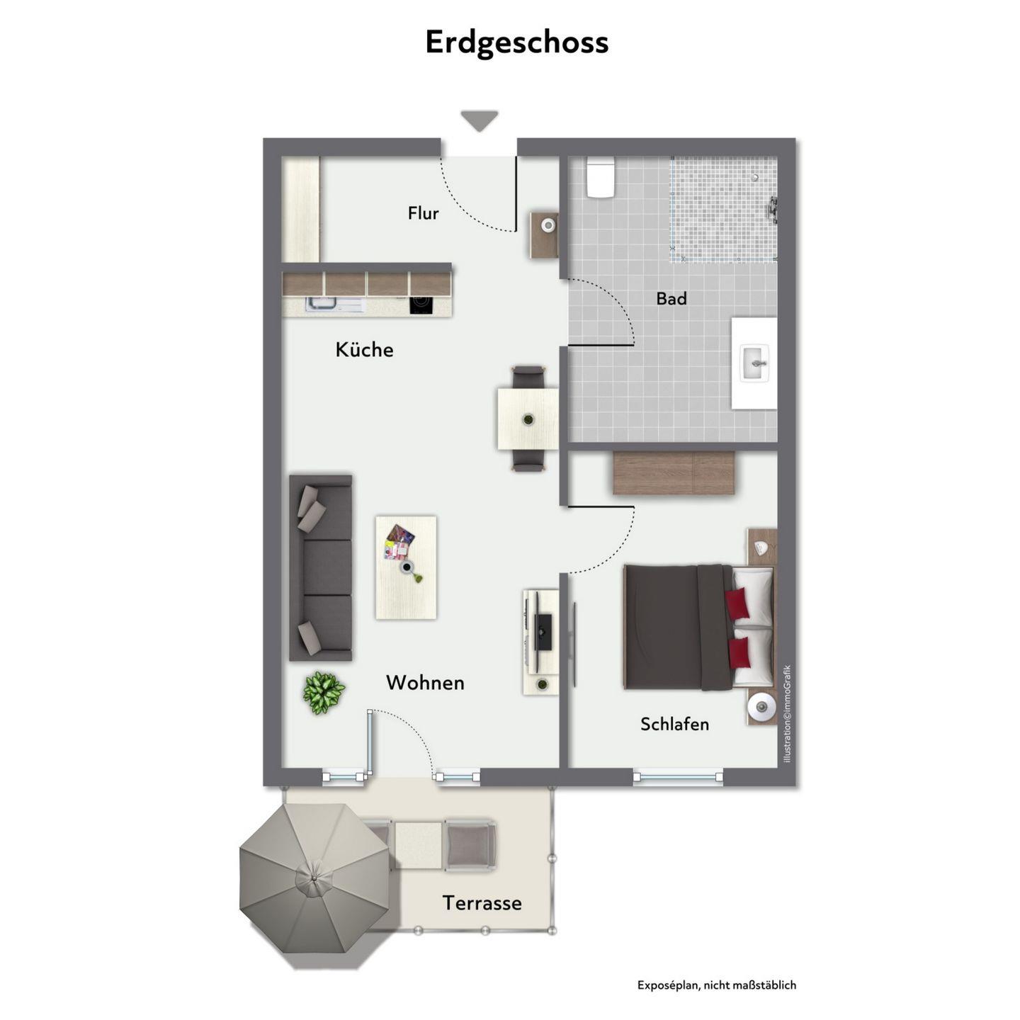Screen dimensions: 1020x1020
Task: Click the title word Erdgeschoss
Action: point(516,43)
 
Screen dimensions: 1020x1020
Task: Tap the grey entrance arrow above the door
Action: point(479,120)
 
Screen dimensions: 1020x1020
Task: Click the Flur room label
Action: point(423,212)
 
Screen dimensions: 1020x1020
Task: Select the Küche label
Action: point(364,349)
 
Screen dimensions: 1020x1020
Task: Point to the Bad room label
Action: point(671,298)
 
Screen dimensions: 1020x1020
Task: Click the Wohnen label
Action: point(425,682)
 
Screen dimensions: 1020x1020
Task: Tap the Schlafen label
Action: point(674,724)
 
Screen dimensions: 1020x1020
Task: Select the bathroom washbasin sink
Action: point(755,363)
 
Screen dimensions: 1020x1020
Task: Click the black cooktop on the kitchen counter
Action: point(421,305)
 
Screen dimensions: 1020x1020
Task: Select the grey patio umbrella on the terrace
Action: point(314,878)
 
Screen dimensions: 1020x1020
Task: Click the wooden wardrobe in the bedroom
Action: point(674,472)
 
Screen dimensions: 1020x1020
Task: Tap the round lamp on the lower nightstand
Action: point(761,706)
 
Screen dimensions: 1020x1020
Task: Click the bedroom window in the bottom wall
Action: point(678,777)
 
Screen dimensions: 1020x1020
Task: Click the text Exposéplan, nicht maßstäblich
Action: point(717,985)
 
